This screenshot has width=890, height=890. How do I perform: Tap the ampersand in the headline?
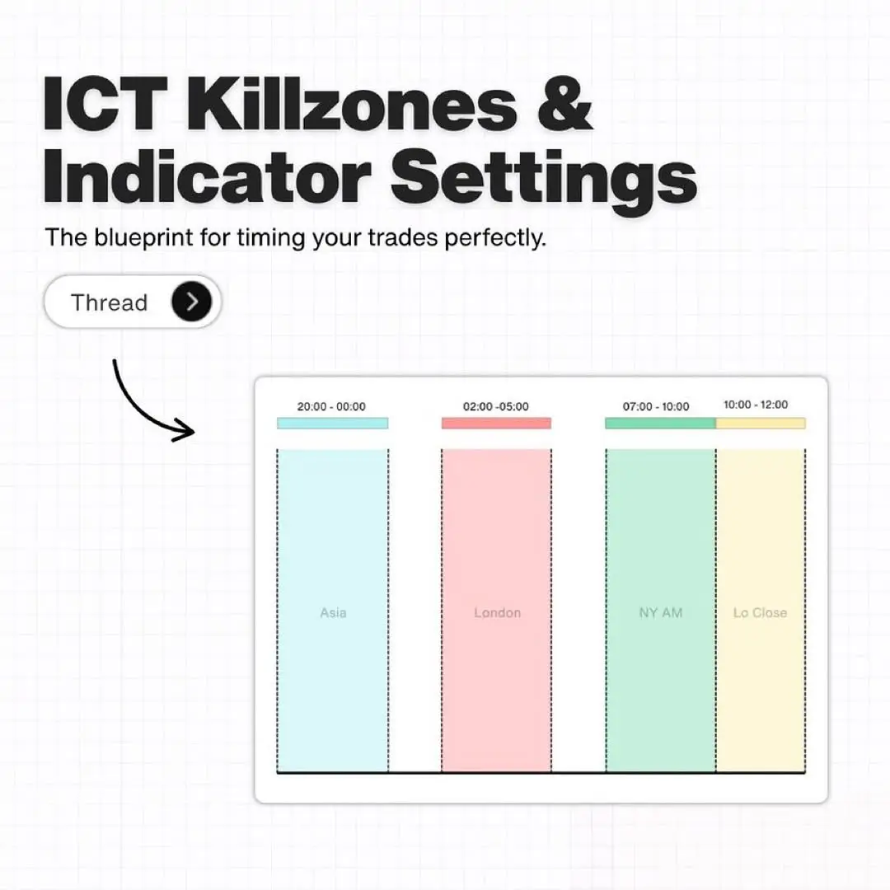(x=564, y=103)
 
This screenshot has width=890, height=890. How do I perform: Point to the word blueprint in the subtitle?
(x=143, y=237)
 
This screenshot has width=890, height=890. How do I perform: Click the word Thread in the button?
(x=109, y=302)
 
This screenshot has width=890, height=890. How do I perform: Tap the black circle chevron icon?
(x=191, y=302)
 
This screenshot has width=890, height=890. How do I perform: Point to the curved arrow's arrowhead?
(x=185, y=429)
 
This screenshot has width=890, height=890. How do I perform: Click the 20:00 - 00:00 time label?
(x=331, y=406)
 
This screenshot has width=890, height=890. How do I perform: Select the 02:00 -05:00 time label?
(x=495, y=406)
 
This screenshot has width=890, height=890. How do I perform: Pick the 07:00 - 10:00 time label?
(x=656, y=406)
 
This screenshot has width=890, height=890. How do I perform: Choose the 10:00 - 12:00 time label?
(x=756, y=405)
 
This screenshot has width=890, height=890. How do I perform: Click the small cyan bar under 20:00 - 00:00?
(x=333, y=423)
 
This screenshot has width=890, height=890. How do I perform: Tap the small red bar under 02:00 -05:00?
(x=496, y=423)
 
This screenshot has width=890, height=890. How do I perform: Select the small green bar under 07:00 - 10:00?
(x=660, y=423)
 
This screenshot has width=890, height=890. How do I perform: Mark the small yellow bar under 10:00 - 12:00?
(x=761, y=423)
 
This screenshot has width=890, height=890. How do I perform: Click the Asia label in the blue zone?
(x=333, y=612)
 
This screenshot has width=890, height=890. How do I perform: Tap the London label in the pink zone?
(x=497, y=612)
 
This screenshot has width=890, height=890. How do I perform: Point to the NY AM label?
(x=661, y=612)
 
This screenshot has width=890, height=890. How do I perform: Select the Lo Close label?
(x=760, y=612)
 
